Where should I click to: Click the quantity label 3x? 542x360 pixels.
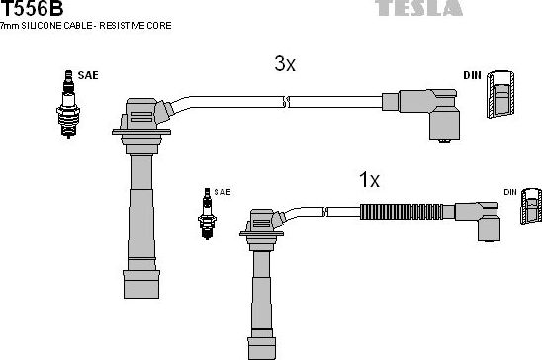(x=285, y=64)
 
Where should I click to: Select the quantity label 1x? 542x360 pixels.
(x=368, y=180)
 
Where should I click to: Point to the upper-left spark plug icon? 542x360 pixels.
(x=68, y=104)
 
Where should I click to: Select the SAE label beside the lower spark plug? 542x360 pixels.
(x=223, y=191)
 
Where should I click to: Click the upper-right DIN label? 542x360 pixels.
(x=472, y=75)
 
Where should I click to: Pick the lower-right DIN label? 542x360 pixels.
(x=510, y=191)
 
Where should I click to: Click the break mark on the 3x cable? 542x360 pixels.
(x=285, y=100)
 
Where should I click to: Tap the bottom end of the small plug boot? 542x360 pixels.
(x=262, y=348)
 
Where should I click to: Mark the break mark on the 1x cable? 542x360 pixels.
(x=326, y=210)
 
